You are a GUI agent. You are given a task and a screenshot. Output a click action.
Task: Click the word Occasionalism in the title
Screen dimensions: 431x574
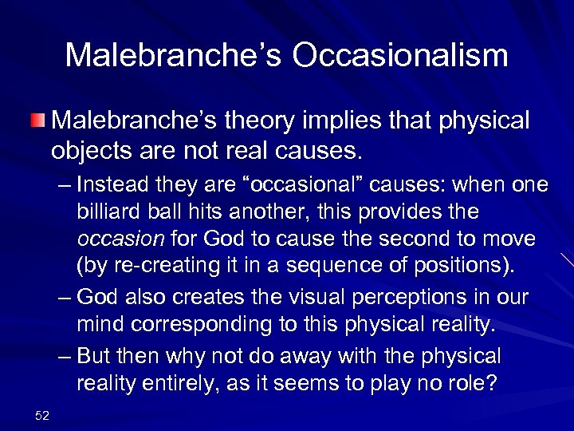point(400,56)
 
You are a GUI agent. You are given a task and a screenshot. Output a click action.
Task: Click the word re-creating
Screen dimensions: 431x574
point(160,265)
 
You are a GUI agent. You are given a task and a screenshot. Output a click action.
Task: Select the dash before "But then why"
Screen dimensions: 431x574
point(65,356)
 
